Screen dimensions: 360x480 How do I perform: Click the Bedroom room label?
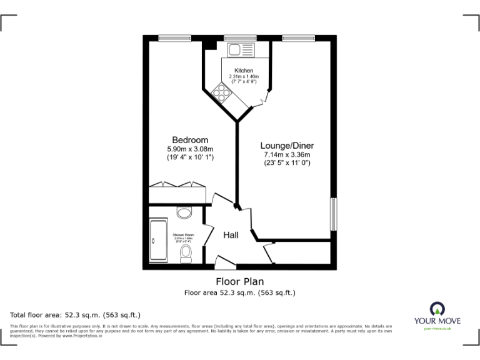pyautogui.click(x=191, y=140)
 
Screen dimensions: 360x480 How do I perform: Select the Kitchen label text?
pyautogui.click(x=244, y=70)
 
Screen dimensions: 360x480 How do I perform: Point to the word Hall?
pyautogui.click(x=231, y=235)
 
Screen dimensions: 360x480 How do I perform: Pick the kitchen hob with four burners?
pyautogui.click(x=222, y=92)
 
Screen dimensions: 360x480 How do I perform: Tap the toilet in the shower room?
pyautogui.click(x=186, y=252)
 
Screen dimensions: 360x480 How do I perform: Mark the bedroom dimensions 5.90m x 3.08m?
pyautogui.click(x=191, y=149)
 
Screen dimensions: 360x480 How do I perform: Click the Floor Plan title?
pyautogui.click(x=240, y=281)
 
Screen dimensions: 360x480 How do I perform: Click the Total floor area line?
pyautogui.click(x=76, y=314)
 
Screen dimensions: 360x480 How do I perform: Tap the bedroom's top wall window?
pyautogui.click(x=174, y=38)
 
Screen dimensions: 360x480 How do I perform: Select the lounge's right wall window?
pyautogui.click(x=334, y=214)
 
